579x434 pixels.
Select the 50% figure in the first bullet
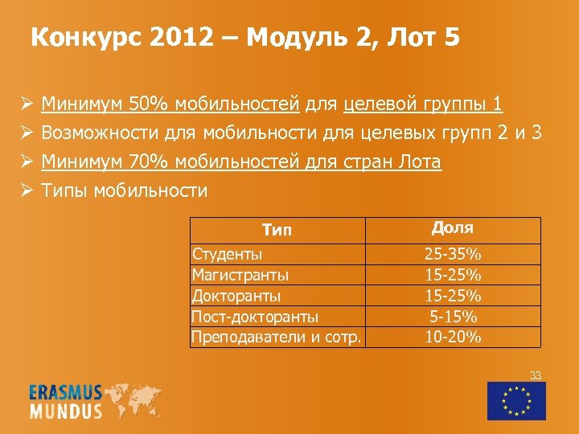(x=148, y=104)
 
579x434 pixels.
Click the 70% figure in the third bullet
(x=148, y=162)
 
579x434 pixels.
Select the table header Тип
(x=277, y=231)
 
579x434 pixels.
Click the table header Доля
(x=453, y=229)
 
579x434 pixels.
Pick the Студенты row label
(x=227, y=255)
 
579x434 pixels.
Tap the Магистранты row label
(x=240, y=275)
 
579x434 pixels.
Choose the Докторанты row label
(x=236, y=296)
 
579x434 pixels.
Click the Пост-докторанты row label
(x=255, y=316)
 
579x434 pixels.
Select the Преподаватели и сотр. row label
(x=275, y=337)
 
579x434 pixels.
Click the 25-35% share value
(x=453, y=255)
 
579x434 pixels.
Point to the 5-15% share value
(x=453, y=316)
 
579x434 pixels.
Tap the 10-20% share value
(x=453, y=337)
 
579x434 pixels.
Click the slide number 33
(x=536, y=375)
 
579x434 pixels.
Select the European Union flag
(x=516, y=400)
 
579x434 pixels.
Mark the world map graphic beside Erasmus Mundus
(x=136, y=399)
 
